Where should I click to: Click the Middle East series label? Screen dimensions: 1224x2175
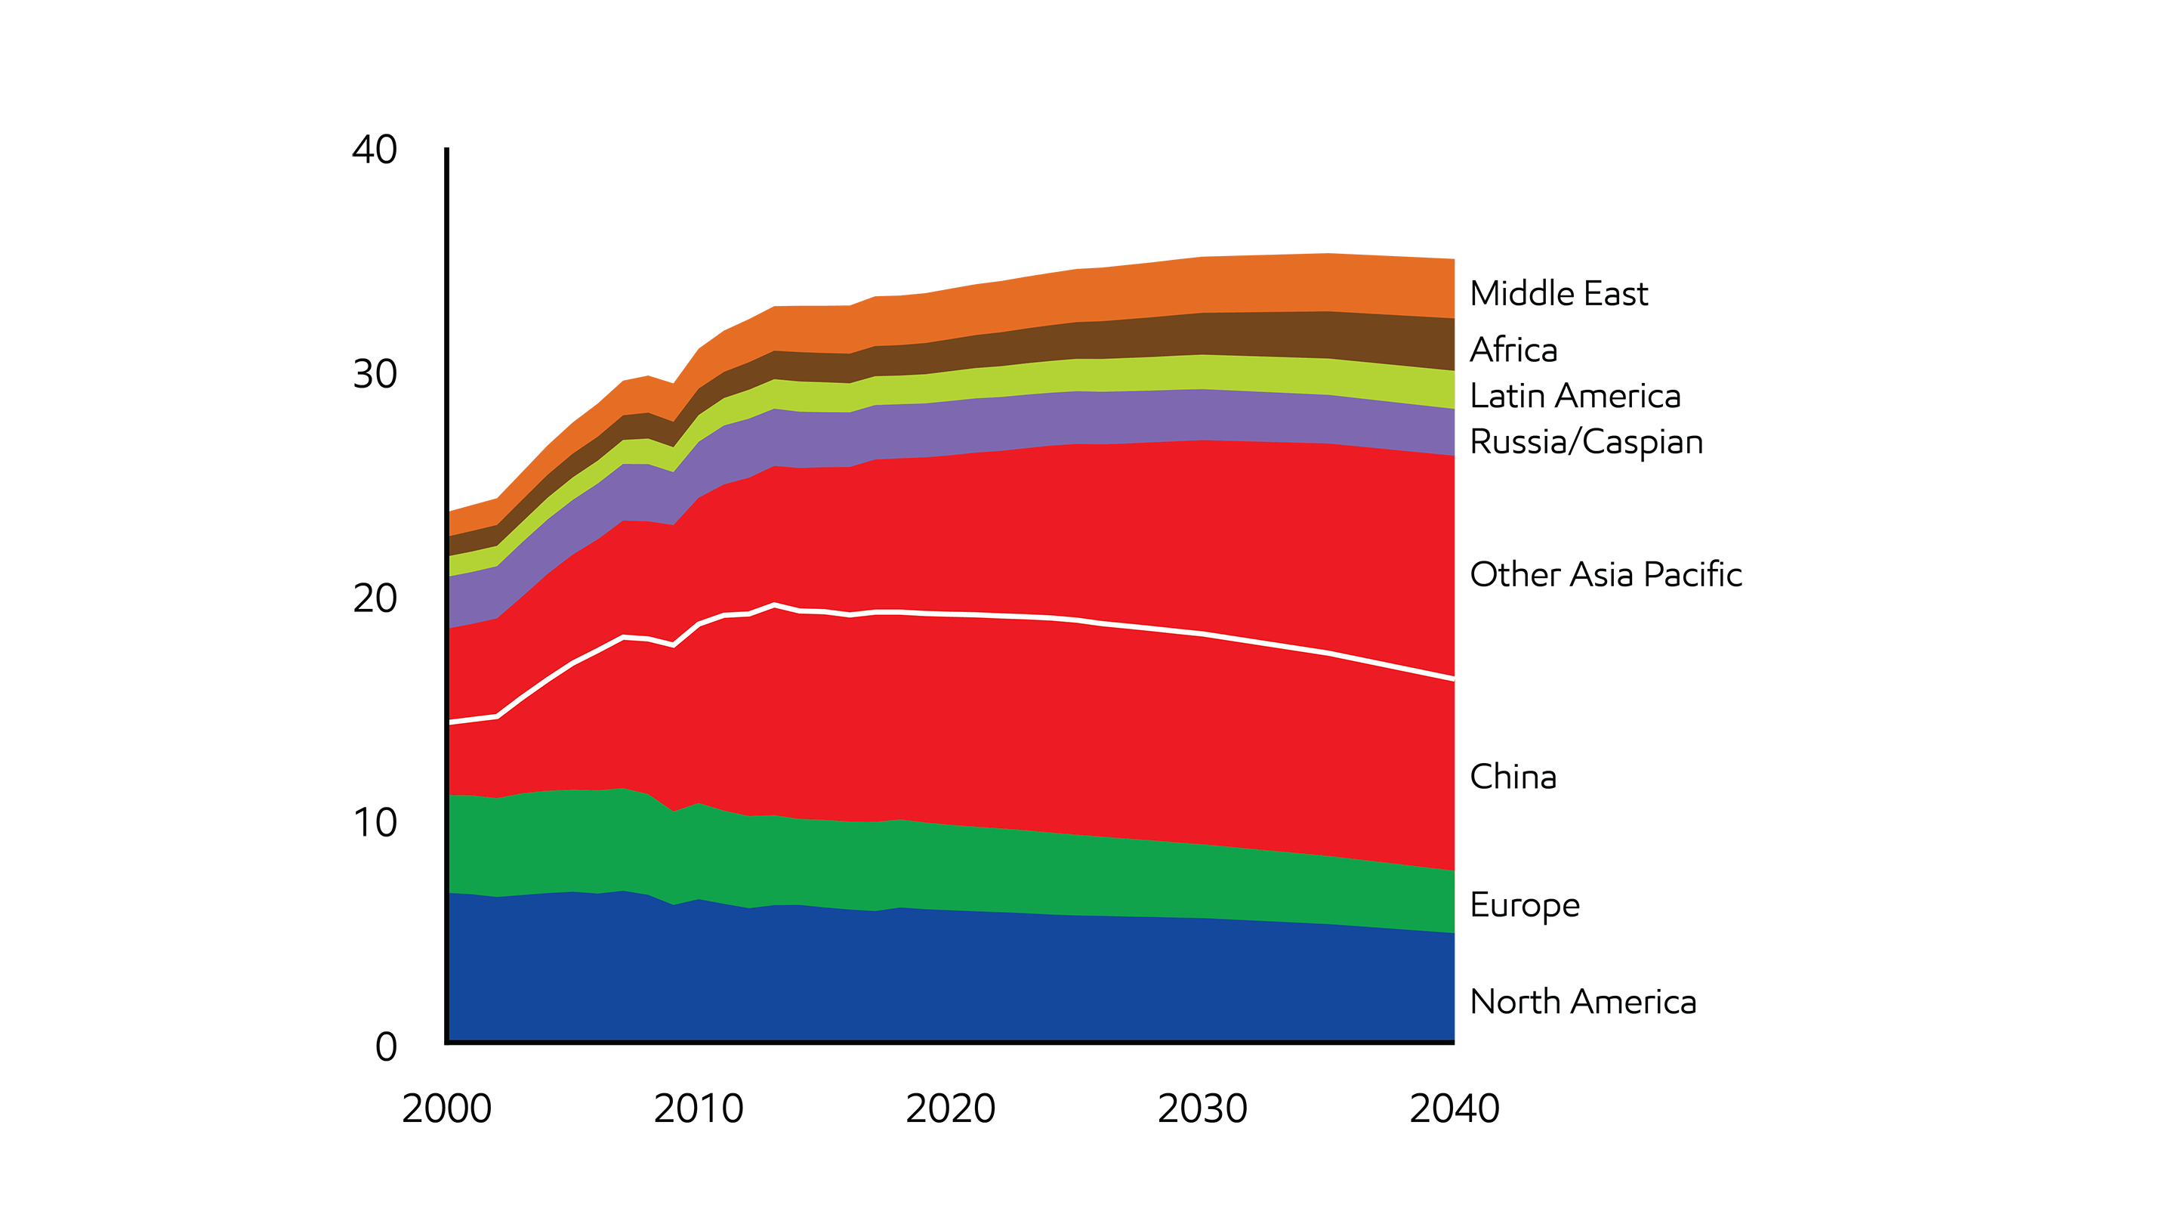pos(1558,294)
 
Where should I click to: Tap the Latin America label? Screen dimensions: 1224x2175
pos(1575,396)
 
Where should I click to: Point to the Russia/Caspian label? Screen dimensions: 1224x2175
pos(1586,443)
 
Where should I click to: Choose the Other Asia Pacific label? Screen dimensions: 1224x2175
pos(1605,574)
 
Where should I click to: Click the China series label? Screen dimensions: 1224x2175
pos(1512,777)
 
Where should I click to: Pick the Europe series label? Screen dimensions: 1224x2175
pos(1524,906)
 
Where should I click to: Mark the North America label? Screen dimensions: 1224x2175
pos(1582,1002)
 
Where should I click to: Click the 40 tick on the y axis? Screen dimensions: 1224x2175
pos(374,150)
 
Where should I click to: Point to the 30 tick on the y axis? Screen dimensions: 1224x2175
pos(374,374)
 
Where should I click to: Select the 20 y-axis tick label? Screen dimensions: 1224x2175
pos(374,599)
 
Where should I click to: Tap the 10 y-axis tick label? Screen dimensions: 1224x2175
pos(374,823)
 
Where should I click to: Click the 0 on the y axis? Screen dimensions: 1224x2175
pos(386,1047)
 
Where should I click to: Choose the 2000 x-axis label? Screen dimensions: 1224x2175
pos(446,1109)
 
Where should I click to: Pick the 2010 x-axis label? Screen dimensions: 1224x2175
pos(699,1109)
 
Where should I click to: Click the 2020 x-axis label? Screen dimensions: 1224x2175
pos(950,1109)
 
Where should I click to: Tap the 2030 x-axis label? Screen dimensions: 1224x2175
pos(1202,1109)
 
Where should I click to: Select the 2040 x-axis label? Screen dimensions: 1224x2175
pos(1454,1109)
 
